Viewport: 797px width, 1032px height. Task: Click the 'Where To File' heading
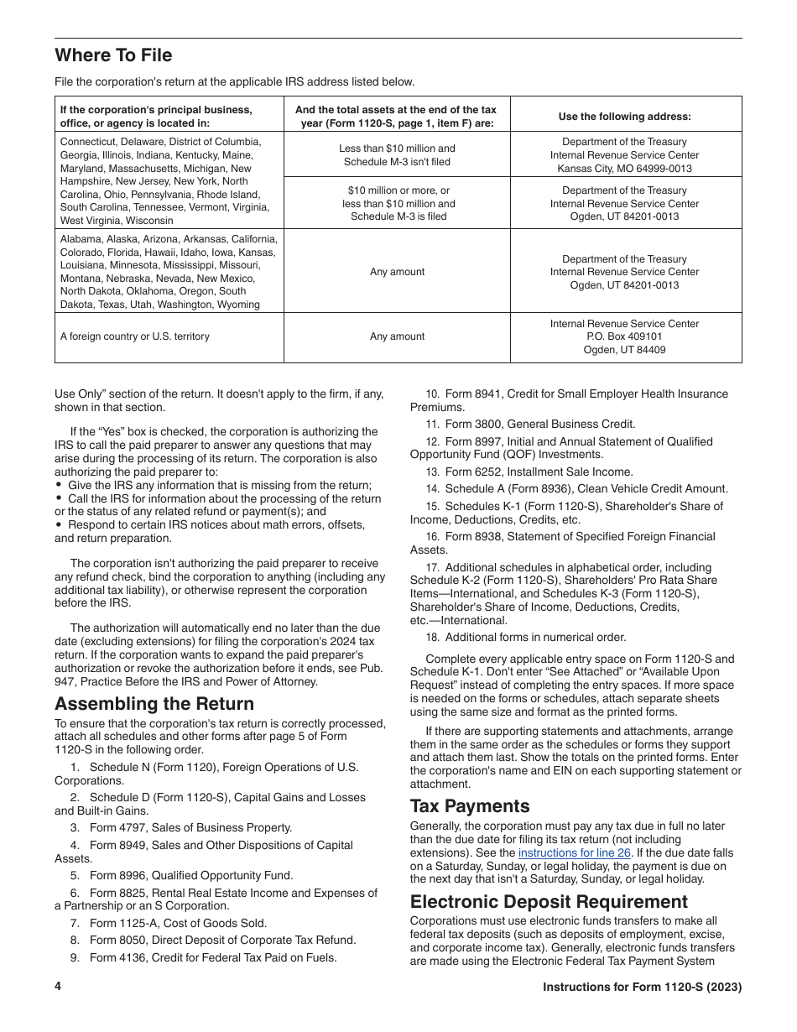tap(113, 55)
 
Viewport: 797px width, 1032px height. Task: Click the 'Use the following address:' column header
tap(625, 117)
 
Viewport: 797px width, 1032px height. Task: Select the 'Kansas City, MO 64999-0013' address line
tap(625, 168)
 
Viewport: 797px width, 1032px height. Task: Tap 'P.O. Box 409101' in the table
tap(625, 336)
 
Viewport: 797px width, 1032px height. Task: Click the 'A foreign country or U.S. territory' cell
tap(135, 336)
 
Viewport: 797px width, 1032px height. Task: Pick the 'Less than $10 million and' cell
tap(397, 149)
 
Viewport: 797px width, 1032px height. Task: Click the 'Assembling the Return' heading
tap(154, 703)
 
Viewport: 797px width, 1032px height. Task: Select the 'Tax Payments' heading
tap(470, 806)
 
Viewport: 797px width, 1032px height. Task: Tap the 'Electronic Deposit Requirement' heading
tap(549, 901)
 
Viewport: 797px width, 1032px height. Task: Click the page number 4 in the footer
tap(59, 987)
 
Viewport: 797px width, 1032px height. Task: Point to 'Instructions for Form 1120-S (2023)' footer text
tap(642, 987)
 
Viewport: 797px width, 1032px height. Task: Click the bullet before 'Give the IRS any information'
tap(59, 486)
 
